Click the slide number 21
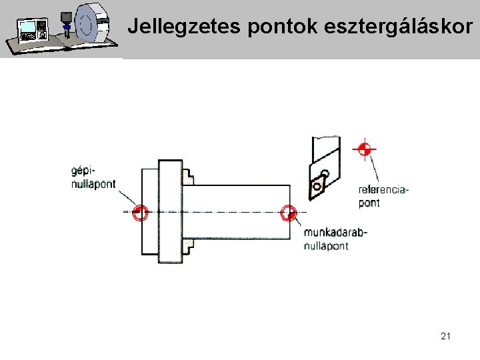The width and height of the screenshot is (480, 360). [x=445, y=337]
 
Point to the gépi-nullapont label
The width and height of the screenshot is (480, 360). [x=93, y=177]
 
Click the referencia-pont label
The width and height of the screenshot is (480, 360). [x=383, y=196]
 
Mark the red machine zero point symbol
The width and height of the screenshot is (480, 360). [x=140, y=213]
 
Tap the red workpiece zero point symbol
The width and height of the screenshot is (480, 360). [x=288, y=213]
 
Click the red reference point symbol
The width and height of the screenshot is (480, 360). [x=364, y=148]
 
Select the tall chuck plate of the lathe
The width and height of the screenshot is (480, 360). [x=170, y=212]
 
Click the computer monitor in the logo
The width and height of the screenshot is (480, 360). [x=29, y=29]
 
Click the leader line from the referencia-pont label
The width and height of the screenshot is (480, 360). [x=375, y=170]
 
